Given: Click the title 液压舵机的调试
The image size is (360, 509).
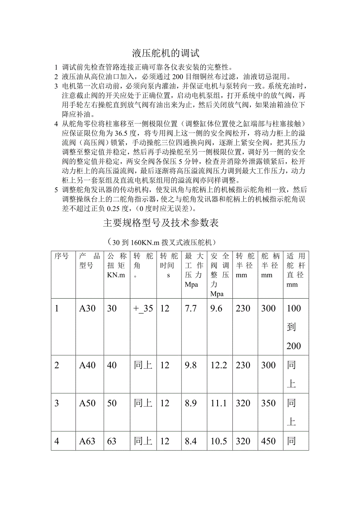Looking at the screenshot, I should click(166, 52).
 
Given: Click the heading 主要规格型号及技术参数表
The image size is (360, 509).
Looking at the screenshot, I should click(161, 223).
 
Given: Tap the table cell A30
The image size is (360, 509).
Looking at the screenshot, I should click(87, 308).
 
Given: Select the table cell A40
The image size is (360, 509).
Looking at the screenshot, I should click(87, 365).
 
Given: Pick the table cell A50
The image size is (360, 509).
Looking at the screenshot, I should click(87, 403).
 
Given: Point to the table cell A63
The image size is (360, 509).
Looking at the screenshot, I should click(87, 441).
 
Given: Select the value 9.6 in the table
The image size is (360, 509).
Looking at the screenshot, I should click(216, 308).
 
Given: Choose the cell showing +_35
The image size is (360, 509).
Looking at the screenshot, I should click(143, 308).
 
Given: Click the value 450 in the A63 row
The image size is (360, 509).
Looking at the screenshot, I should click(268, 441).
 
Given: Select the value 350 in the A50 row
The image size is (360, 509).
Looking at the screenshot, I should click(268, 403).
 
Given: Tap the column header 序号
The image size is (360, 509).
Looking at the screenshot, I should click(61, 256).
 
